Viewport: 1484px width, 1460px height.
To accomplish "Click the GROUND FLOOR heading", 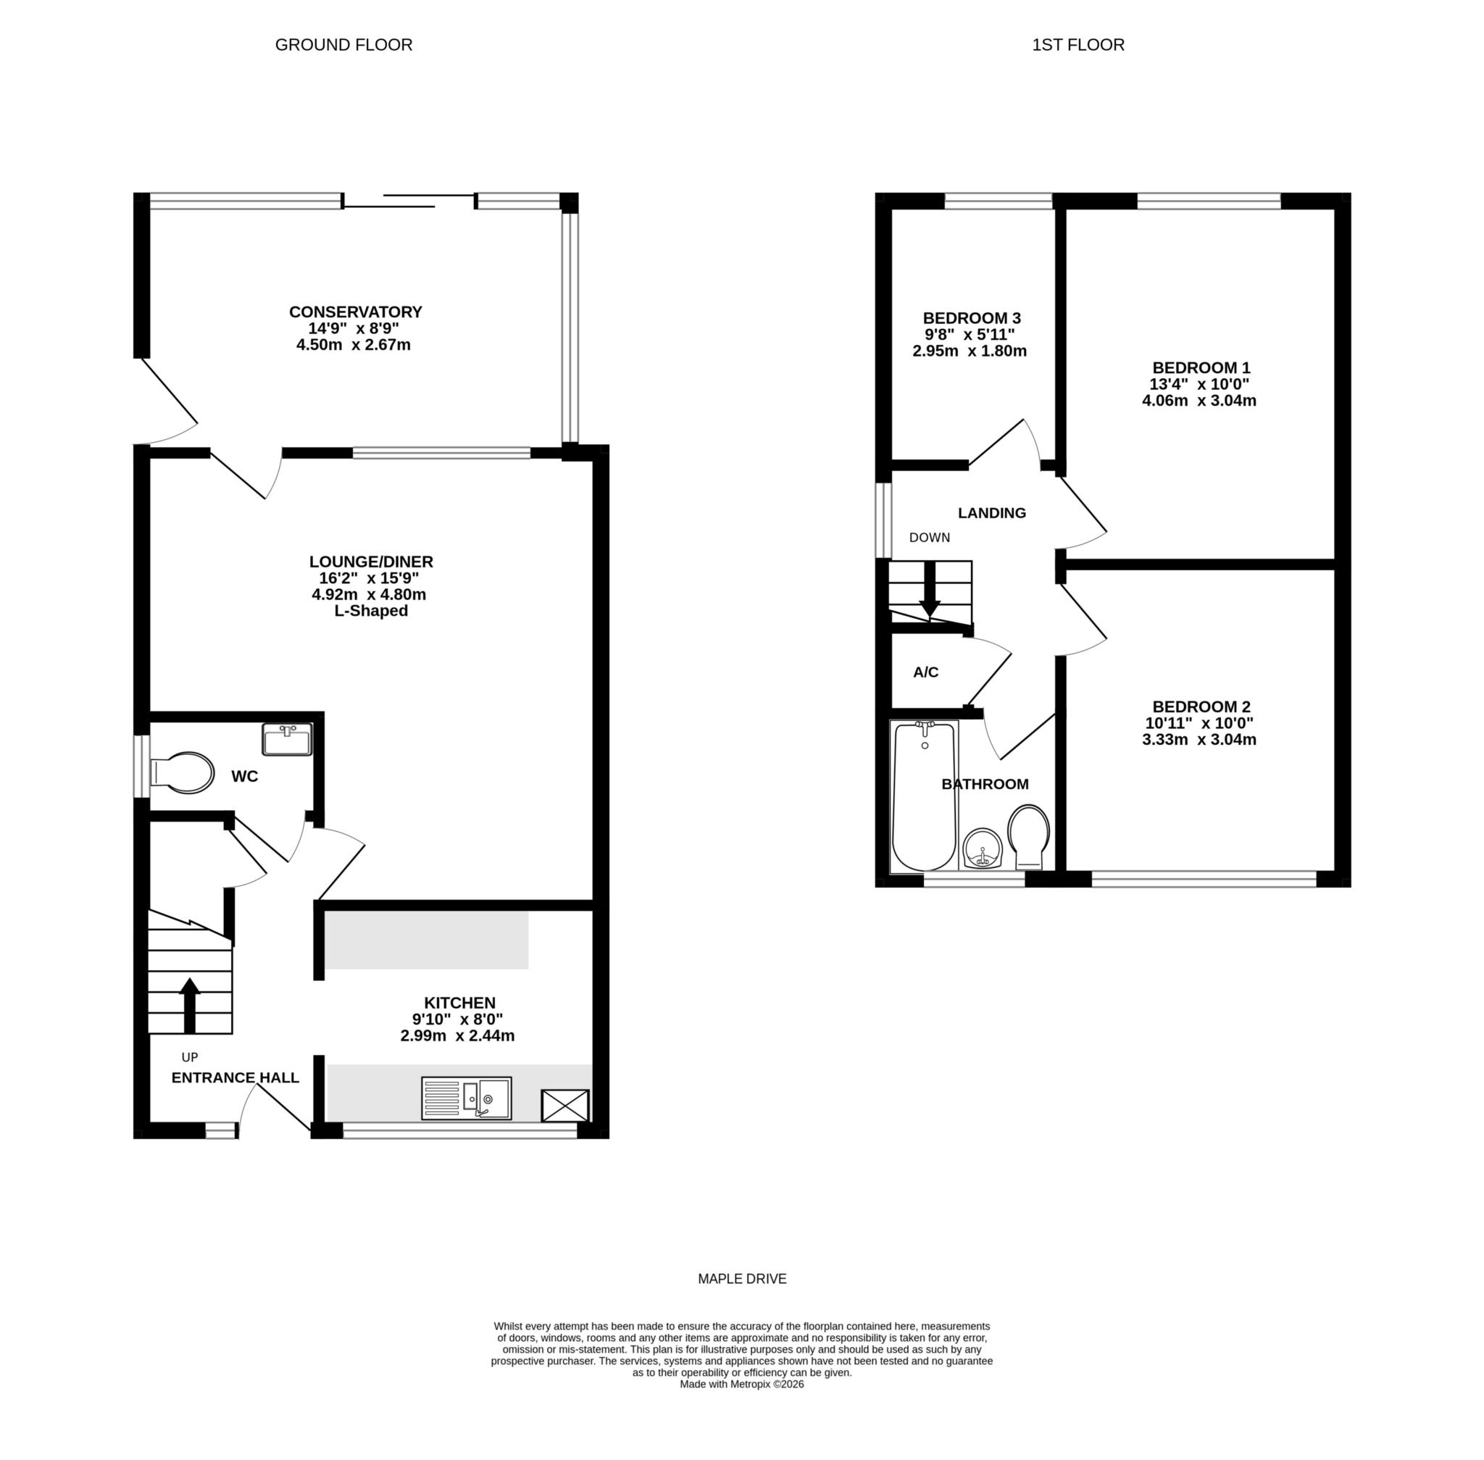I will (x=343, y=45).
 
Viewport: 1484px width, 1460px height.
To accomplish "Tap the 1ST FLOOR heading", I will (x=1077, y=45).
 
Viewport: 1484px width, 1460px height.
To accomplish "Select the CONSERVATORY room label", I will (x=355, y=312).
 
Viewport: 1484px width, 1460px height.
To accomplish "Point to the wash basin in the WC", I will (x=287, y=740).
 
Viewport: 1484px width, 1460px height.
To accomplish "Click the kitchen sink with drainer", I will (x=467, y=1098).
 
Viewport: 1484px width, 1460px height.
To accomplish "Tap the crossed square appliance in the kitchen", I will (x=565, y=1106).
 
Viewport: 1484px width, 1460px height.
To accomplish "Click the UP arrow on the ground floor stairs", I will (x=189, y=1004).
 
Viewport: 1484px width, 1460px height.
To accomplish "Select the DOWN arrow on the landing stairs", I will (x=930, y=592).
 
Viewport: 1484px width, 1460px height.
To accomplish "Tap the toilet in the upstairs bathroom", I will (x=1028, y=836).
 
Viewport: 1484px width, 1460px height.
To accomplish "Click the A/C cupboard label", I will (x=925, y=672).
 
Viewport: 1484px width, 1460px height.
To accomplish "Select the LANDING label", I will (x=992, y=513).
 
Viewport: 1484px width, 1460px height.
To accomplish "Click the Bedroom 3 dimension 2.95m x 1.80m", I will (x=970, y=351).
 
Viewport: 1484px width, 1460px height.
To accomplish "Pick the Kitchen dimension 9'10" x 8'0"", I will (x=457, y=1019).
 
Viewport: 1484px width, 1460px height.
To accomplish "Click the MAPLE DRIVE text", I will (x=741, y=1279).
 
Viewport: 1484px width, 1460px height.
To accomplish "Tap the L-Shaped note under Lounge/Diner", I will (x=370, y=611).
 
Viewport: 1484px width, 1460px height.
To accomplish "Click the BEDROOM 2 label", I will (x=1201, y=706).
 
